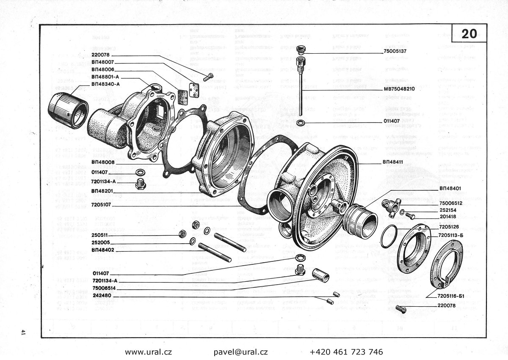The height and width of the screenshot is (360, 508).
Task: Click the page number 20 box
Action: tap(469, 33)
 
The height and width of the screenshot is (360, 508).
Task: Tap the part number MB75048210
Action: tap(399, 89)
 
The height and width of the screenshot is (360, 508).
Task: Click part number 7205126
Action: tap(449, 227)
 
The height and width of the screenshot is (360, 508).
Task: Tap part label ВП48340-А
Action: tap(105, 84)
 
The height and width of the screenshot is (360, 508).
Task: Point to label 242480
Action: tap(102, 296)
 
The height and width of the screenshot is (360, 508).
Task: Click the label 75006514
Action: tap(103, 289)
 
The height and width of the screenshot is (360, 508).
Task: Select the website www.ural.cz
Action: tap(148, 352)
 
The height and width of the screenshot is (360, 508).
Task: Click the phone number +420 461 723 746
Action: tap(346, 352)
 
